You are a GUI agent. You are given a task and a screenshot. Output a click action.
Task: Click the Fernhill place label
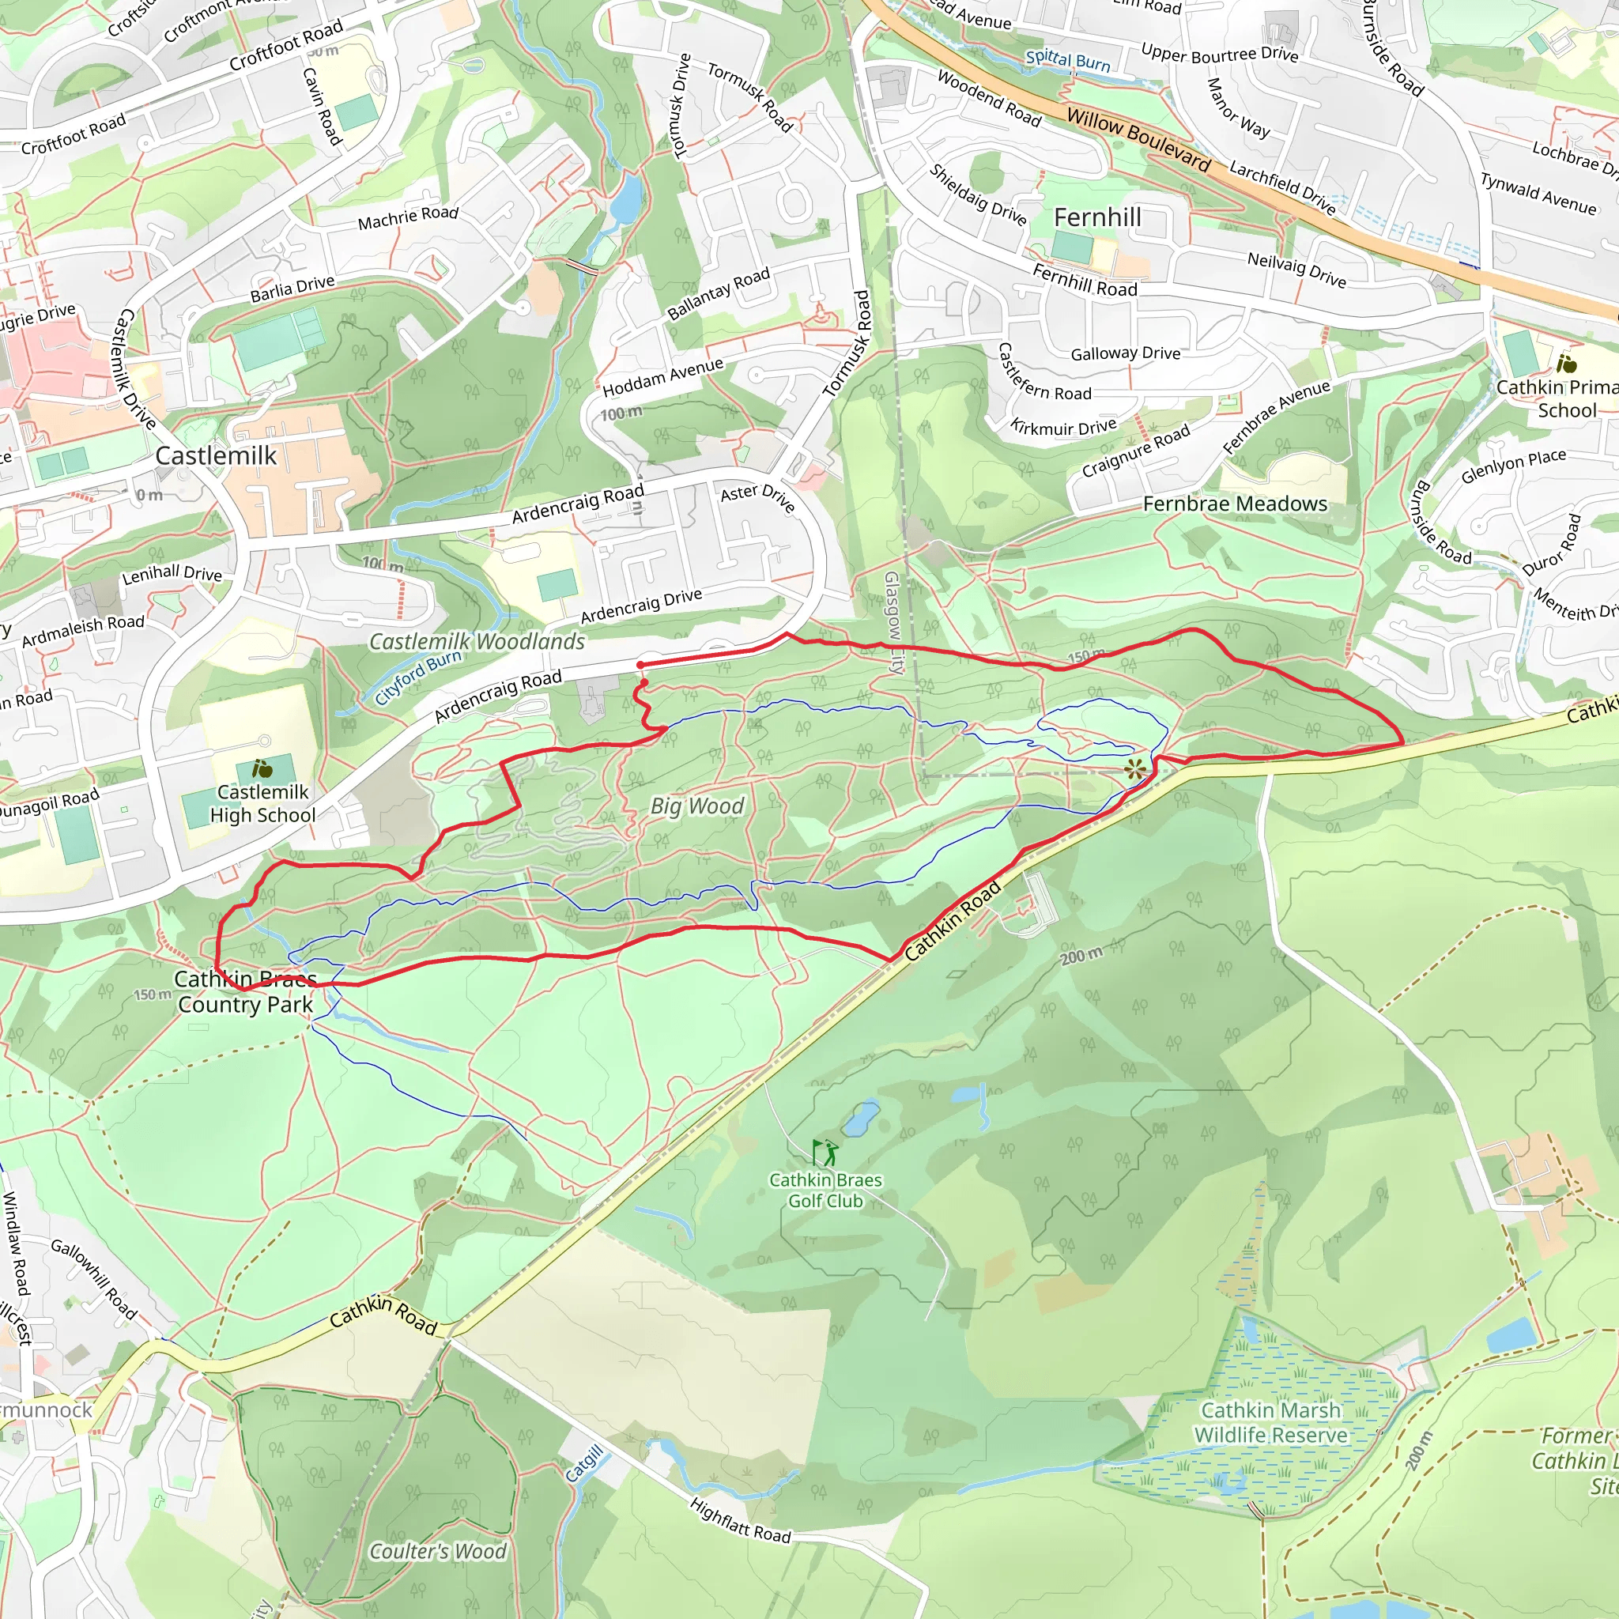(1097, 218)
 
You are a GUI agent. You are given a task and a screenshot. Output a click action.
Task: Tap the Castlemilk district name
(216, 456)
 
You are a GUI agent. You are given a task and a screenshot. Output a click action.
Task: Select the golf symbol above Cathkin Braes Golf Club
(825, 1153)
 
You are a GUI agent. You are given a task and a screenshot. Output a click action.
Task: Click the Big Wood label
(697, 806)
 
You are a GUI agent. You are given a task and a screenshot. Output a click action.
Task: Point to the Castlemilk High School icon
(262, 768)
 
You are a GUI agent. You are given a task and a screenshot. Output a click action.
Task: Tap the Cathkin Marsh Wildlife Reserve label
(1270, 1423)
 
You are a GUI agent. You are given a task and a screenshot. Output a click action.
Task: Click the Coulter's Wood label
(437, 1552)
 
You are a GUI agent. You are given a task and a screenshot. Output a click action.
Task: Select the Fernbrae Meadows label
(1236, 504)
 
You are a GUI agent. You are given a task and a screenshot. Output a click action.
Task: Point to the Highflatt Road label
(740, 1521)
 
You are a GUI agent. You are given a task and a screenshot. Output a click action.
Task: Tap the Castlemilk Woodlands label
(477, 642)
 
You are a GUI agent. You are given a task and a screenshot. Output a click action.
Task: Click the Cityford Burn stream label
(418, 678)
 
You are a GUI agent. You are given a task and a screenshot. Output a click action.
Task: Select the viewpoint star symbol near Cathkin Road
(1134, 769)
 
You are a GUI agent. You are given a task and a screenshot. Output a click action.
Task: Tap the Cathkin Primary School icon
(1566, 364)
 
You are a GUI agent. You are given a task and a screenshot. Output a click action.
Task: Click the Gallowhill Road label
(93, 1279)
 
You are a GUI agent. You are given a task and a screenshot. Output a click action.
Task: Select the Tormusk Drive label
(682, 106)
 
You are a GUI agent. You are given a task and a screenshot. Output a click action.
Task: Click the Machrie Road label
(408, 218)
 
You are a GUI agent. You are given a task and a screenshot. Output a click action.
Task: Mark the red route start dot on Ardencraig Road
(640, 665)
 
